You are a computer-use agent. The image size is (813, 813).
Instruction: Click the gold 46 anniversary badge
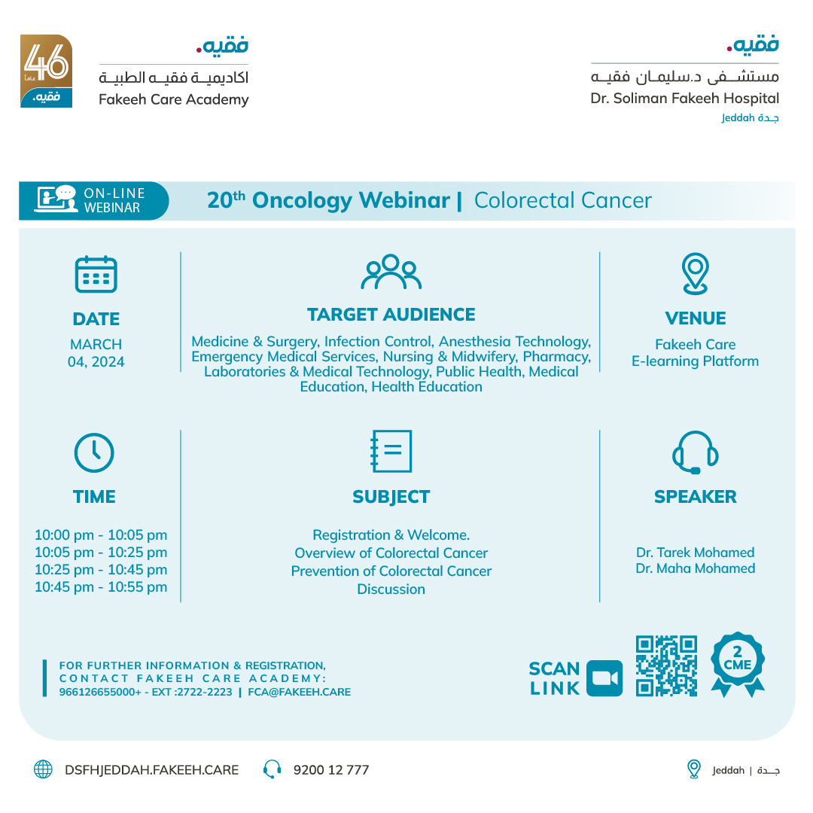point(46,71)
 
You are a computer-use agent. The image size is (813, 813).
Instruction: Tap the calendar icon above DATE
point(96,274)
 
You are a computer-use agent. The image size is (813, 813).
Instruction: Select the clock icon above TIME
point(94,453)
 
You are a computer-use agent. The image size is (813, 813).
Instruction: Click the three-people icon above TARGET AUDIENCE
point(391,273)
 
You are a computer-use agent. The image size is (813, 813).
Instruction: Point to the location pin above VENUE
point(695,273)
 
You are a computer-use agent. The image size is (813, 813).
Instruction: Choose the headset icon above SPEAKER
point(695,452)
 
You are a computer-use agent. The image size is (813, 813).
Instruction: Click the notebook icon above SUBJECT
point(391,452)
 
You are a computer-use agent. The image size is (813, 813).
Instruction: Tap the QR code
point(666,665)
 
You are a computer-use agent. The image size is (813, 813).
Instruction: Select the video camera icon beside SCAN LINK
point(604,678)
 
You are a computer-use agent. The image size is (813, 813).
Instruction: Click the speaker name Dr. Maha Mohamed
point(695,568)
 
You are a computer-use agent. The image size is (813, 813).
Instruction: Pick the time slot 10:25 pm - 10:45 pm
point(101,570)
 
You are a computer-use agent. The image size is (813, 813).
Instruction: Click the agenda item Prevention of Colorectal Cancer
point(391,571)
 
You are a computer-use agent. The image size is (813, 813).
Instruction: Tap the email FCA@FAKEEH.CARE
point(299,692)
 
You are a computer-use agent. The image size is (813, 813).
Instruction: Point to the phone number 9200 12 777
point(331,769)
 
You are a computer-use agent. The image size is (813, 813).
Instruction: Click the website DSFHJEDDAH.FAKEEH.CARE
point(151,769)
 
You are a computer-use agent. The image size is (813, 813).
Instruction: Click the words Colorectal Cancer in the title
point(562,200)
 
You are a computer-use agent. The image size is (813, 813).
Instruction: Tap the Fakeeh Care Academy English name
point(173,99)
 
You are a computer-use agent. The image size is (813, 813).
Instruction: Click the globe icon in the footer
point(43,769)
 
